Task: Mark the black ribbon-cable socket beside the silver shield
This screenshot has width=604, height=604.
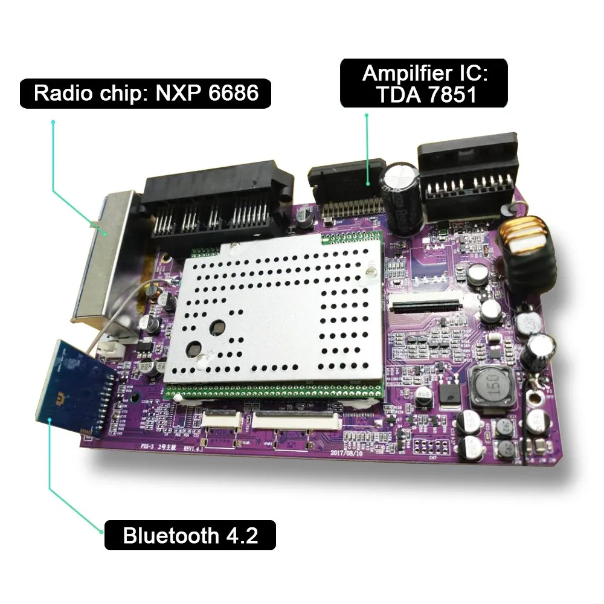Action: tap(426, 305)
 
